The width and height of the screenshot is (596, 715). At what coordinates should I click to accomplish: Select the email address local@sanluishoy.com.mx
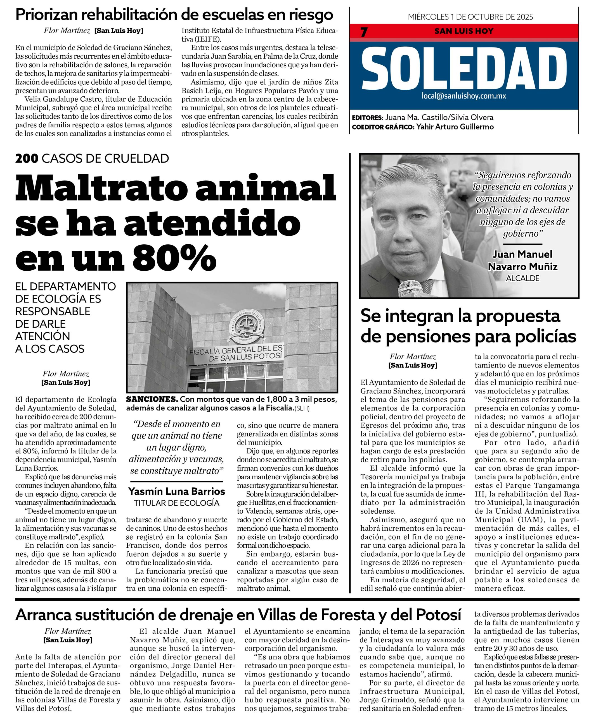[463, 96]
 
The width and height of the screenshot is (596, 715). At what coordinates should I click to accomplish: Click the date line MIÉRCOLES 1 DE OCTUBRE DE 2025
[470, 17]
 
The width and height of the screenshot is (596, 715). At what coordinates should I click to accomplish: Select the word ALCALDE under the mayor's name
[522, 278]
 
